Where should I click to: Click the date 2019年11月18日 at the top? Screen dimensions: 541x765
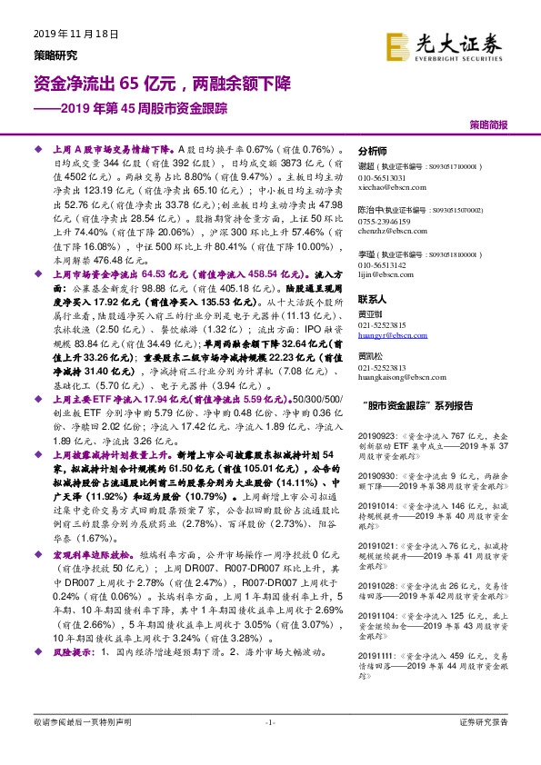[76, 34]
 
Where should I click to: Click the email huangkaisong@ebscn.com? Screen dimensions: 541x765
[396, 376]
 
